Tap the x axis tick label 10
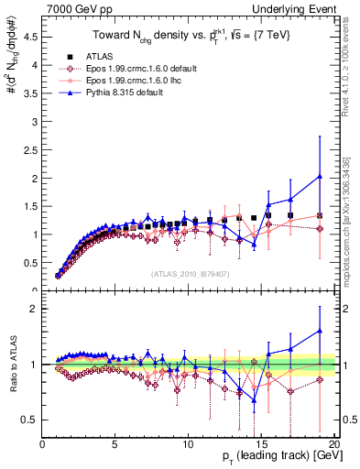[188, 444]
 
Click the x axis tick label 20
[333, 444]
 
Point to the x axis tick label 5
[115, 444]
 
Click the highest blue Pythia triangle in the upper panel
[319, 177]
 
